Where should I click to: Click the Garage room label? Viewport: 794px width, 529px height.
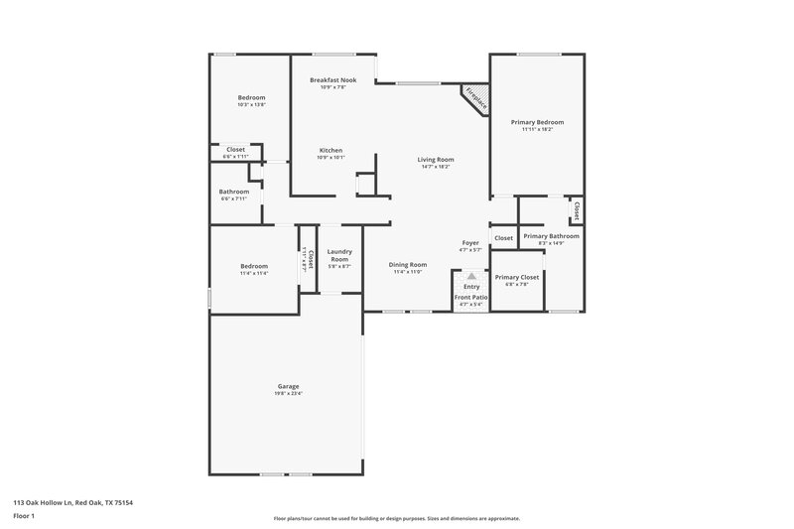[288, 386]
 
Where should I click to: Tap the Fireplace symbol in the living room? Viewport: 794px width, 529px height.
[475, 99]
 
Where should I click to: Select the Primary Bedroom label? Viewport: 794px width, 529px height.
[537, 122]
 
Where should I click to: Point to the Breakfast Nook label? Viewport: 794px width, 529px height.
[332, 79]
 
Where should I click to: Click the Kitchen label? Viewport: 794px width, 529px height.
[331, 150]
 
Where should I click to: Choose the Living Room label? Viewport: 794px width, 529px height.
[435, 159]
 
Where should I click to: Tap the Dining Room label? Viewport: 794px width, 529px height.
[407, 264]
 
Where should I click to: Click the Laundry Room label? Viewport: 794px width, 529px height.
[339, 255]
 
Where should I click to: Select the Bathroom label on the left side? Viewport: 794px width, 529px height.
[234, 192]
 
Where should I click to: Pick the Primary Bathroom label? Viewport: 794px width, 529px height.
[551, 236]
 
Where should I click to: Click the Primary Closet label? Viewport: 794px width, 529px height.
[516, 277]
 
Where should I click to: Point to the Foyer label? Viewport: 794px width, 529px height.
[470, 243]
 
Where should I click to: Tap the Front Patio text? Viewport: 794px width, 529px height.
[470, 297]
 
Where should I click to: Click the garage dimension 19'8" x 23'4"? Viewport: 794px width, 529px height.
[288, 394]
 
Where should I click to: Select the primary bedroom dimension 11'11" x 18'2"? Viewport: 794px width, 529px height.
[537, 130]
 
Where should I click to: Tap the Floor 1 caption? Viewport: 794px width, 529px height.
[25, 516]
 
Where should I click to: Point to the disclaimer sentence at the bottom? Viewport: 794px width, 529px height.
[396, 518]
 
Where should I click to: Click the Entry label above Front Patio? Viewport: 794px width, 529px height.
[470, 287]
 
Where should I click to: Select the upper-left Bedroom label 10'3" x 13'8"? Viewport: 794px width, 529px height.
[251, 96]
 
